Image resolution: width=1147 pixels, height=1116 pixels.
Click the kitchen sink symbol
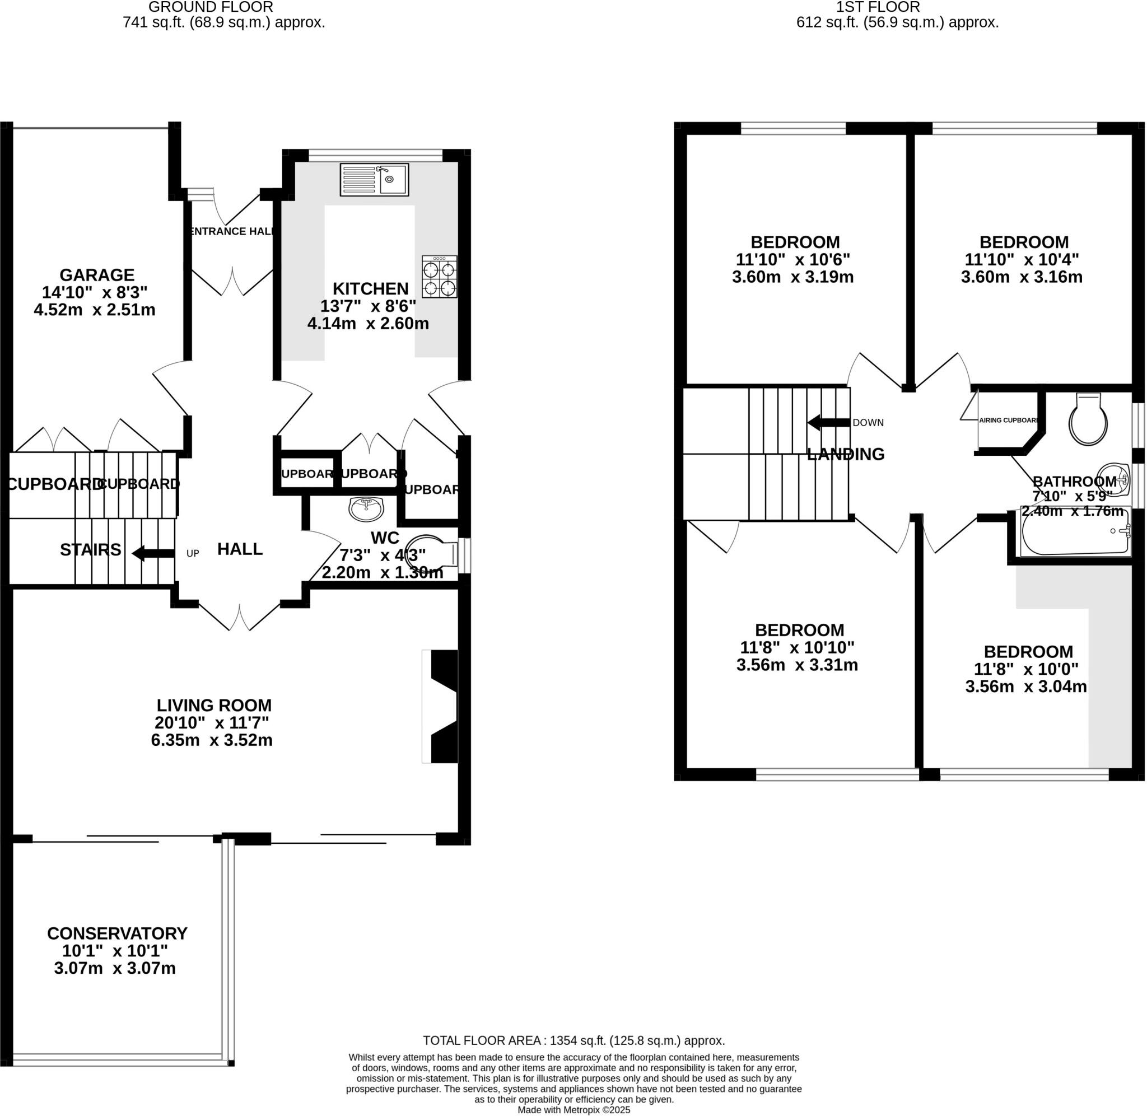(x=374, y=179)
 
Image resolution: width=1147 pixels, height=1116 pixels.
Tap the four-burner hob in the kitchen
(x=439, y=277)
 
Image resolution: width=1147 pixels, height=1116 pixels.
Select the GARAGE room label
(x=97, y=274)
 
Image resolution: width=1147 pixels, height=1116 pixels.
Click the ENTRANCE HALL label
(x=232, y=231)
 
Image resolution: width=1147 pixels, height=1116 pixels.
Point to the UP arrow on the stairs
(x=153, y=553)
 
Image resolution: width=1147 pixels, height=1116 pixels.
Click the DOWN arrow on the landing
(x=828, y=422)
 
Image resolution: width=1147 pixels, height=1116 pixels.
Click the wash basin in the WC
(x=366, y=509)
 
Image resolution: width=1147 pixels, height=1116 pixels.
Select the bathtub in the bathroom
(x=1075, y=531)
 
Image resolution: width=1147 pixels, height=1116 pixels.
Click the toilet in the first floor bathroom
(x=1088, y=419)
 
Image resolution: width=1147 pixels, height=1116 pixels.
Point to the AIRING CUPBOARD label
(x=1008, y=419)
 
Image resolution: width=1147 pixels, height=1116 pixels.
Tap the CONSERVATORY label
(x=117, y=932)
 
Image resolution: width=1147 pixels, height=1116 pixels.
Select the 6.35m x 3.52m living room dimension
(x=212, y=740)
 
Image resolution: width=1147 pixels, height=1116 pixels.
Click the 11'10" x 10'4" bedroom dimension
(x=1022, y=259)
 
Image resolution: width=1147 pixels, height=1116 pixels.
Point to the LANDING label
(x=845, y=454)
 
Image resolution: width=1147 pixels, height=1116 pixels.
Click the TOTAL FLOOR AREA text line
(x=574, y=1040)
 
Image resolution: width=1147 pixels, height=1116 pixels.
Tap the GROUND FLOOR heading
(x=211, y=7)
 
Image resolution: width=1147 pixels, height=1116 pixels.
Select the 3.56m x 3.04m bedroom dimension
(x=1025, y=687)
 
